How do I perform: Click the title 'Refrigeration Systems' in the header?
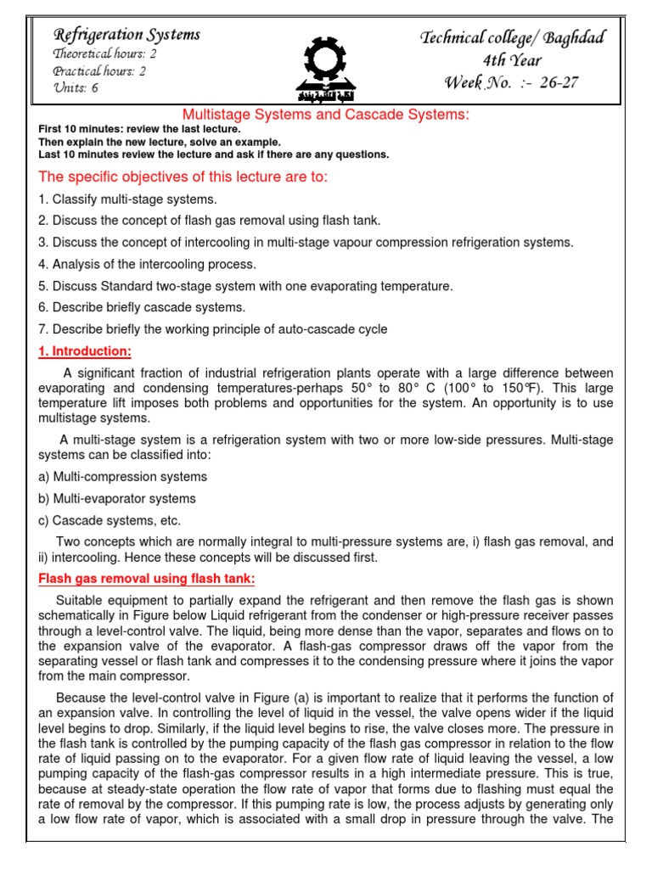pyautogui.click(x=126, y=35)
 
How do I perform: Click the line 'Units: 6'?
pyautogui.click(x=76, y=88)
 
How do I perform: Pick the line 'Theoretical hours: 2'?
pyautogui.click(x=104, y=53)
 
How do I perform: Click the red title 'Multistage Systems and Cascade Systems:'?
pyautogui.click(x=326, y=115)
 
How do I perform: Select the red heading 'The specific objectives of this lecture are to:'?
pyautogui.click(x=183, y=177)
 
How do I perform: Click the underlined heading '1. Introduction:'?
pyautogui.click(x=85, y=351)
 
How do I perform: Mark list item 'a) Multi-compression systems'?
pyautogui.click(x=122, y=477)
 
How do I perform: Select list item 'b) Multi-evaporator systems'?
pyautogui.click(x=117, y=499)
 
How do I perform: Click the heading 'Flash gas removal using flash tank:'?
pyautogui.click(x=147, y=580)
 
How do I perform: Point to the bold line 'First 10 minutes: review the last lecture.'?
pyautogui.click(x=139, y=128)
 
